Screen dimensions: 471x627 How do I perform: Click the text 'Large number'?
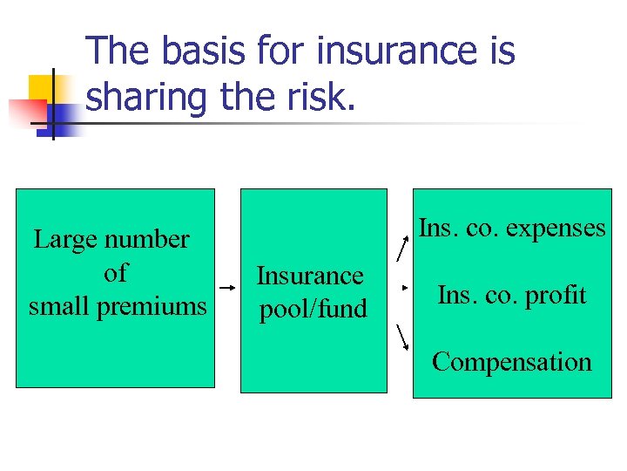click(111, 239)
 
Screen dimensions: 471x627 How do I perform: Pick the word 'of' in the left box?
click(115, 273)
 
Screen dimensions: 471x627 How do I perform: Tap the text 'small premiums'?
click(118, 306)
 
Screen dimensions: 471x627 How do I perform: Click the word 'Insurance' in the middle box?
click(309, 276)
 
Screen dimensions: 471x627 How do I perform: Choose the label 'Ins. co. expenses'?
click(512, 228)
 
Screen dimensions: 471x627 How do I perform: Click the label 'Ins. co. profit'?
click(512, 295)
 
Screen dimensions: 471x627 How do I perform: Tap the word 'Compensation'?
click(512, 361)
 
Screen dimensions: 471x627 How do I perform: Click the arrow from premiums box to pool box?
click(226, 287)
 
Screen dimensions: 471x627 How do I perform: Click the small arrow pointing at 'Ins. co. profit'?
click(405, 286)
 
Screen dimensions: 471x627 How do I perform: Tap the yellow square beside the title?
click(40, 86)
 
